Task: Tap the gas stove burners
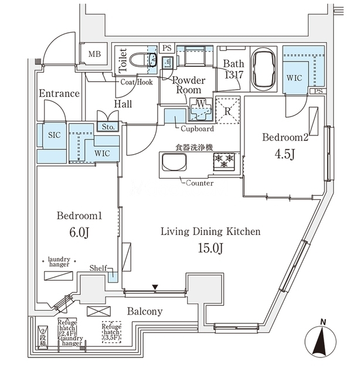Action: click(x=224, y=161)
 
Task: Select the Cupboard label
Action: click(x=197, y=128)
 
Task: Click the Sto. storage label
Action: click(x=108, y=127)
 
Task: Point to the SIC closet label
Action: click(x=54, y=135)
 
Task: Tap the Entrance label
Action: click(x=59, y=94)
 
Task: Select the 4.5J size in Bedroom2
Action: click(x=285, y=156)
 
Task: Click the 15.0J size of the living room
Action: click(x=210, y=250)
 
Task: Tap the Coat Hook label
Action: click(x=137, y=83)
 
